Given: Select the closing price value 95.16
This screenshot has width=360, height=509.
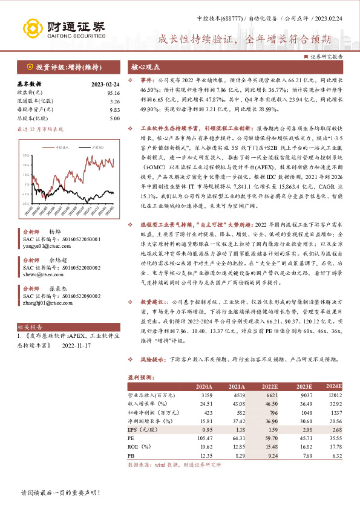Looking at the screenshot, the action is pyautogui.click(x=113, y=92).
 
